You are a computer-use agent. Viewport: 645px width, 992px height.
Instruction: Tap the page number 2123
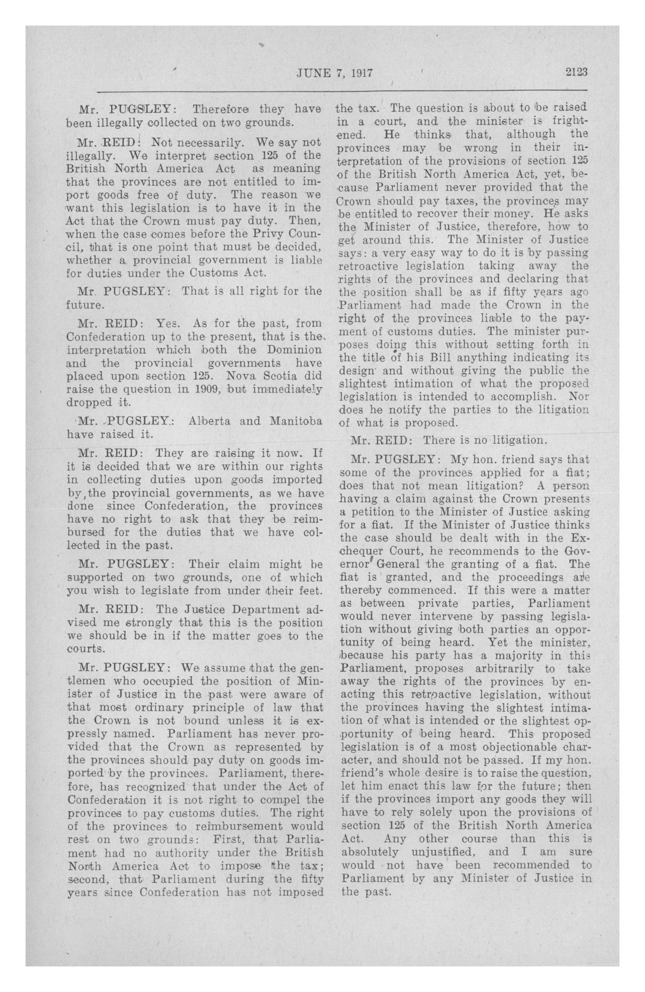(576, 73)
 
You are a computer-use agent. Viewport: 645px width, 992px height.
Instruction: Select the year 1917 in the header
(360, 73)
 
